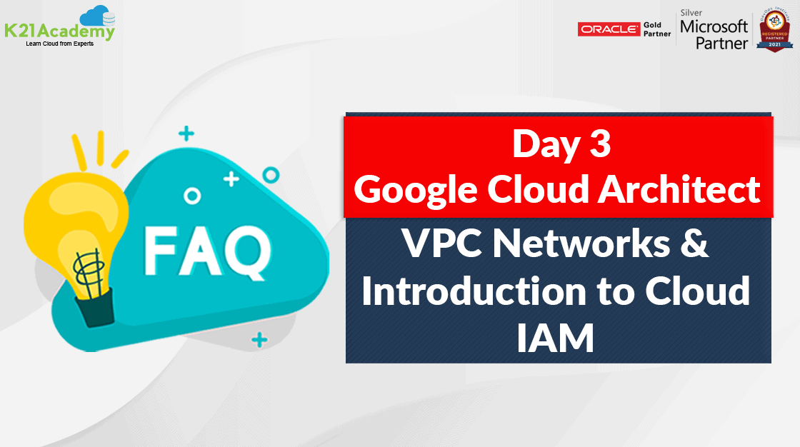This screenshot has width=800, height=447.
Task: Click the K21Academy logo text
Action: [x=59, y=32]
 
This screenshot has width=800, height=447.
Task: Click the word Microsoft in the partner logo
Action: [x=714, y=28]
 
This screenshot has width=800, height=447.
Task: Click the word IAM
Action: [x=556, y=338]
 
